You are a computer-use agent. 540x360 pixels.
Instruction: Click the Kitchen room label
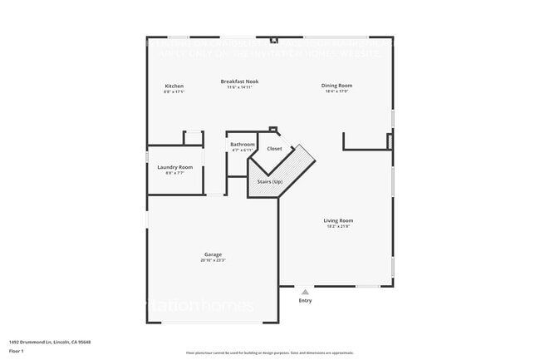(x=174, y=86)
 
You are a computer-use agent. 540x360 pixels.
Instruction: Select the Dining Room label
(x=337, y=86)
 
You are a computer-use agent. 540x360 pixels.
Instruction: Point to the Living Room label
(x=338, y=220)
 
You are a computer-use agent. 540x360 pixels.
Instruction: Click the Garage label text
(x=213, y=254)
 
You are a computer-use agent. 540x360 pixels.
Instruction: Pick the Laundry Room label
(x=174, y=167)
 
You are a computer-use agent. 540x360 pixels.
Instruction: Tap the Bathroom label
(x=242, y=145)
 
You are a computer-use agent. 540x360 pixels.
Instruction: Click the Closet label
(x=274, y=149)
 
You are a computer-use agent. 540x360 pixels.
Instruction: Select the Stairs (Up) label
(x=269, y=181)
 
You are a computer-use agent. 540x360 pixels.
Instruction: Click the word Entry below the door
(x=305, y=300)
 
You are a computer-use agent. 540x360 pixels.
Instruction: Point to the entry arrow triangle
(x=305, y=292)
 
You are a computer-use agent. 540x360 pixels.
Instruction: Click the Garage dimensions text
(x=213, y=260)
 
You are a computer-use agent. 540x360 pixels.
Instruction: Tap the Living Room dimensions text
(x=338, y=226)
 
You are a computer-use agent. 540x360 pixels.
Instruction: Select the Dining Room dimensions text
(x=337, y=91)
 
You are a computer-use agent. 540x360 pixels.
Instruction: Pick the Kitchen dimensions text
(x=174, y=92)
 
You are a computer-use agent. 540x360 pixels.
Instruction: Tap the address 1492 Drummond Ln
(x=50, y=342)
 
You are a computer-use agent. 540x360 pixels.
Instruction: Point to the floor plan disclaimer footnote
(x=269, y=353)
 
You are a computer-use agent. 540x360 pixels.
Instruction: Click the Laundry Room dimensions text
(x=174, y=173)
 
